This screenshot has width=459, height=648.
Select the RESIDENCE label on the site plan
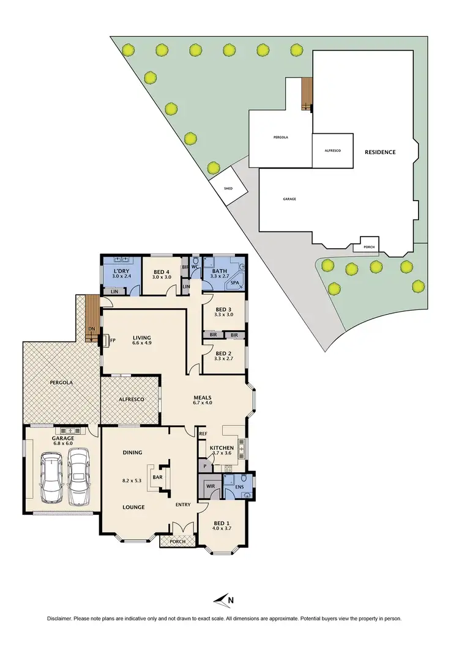pyautogui.click(x=380, y=152)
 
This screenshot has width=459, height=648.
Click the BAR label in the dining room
pyautogui.click(x=157, y=477)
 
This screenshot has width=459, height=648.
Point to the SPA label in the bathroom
pyautogui.click(x=235, y=284)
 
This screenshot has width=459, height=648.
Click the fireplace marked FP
pyautogui.click(x=112, y=341)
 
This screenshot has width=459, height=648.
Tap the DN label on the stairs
pyautogui.click(x=91, y=328)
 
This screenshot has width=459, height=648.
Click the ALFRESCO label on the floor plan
pyautogui.click(x=130, y=399)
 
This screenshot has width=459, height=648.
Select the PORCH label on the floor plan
pyautogui.click(x=177, y=541)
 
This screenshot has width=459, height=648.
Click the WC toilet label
pyautogui.click(x=196, y=267)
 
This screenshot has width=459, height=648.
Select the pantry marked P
pyautogui.click(x=203, y=466)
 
